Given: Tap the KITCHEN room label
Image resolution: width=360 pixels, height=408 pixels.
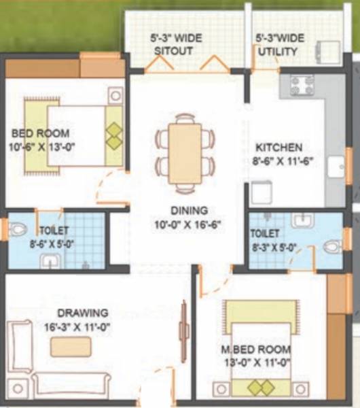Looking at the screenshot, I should [x=278, y=154].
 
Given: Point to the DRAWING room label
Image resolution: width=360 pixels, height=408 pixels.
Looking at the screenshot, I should [x=82, y=319].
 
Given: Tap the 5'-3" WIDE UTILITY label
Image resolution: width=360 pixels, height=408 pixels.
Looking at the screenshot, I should [x=281, y=45].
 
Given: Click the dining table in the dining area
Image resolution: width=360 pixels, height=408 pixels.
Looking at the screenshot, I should [x=185, y=153].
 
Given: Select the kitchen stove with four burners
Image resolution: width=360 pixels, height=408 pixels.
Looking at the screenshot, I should [x=303, y=85].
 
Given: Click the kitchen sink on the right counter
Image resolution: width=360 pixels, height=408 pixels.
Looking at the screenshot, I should [x=336, y=167].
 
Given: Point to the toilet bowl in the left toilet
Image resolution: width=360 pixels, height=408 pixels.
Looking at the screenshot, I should [x=18, y=229].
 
